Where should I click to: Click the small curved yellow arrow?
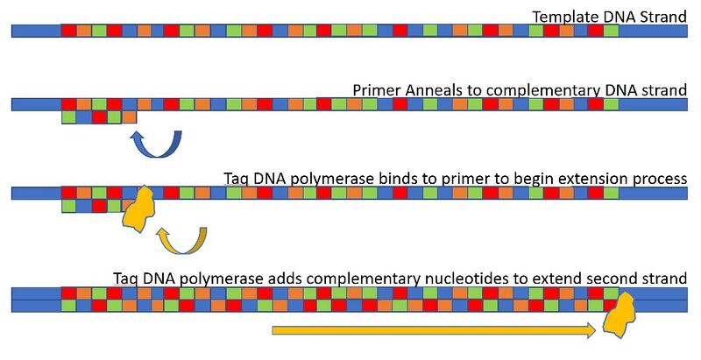(181, 239)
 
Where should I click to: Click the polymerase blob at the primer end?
(138, 210)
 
